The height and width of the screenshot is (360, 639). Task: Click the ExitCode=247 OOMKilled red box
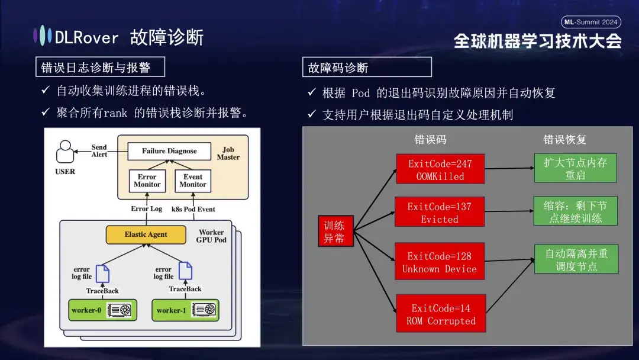440,169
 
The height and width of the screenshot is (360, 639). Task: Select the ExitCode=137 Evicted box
439,212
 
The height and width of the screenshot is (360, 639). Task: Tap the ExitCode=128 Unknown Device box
439,262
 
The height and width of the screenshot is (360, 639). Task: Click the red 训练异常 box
335,231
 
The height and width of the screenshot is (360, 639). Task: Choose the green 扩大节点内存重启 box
575,168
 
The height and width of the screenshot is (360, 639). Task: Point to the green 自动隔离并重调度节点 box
576,259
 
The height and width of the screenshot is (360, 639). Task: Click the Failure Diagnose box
169,151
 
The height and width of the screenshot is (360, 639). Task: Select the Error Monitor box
147,181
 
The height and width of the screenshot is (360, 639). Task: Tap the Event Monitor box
193,181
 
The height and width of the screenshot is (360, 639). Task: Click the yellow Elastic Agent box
146,234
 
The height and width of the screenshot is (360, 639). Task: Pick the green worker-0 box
102,310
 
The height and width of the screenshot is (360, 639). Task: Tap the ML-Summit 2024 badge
590,22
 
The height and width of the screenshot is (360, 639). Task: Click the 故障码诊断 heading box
367,67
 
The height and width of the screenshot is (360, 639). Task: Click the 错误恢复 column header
564,140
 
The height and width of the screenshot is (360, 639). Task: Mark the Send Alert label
99,150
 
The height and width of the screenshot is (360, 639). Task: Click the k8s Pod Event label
193,209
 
